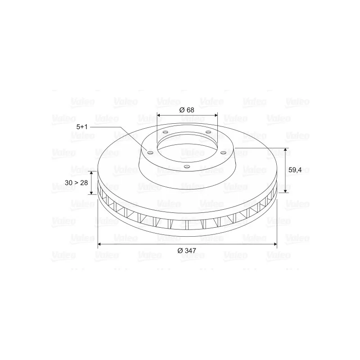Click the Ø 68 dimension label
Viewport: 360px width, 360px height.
point(187,110)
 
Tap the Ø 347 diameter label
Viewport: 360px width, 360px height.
point(187,251)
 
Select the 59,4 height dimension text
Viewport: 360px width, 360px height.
point(295,170)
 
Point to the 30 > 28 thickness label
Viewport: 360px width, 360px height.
point(76,183)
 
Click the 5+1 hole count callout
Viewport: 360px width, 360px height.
point(82,127)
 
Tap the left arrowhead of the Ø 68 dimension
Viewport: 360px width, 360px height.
point(159,115)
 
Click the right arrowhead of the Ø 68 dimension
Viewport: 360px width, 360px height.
point(216,115)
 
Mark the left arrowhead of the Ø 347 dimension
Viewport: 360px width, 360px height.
point(100,244)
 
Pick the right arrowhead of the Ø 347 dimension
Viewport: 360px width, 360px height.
point(275,244)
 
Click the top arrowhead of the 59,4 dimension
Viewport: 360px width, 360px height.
point(285,150)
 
